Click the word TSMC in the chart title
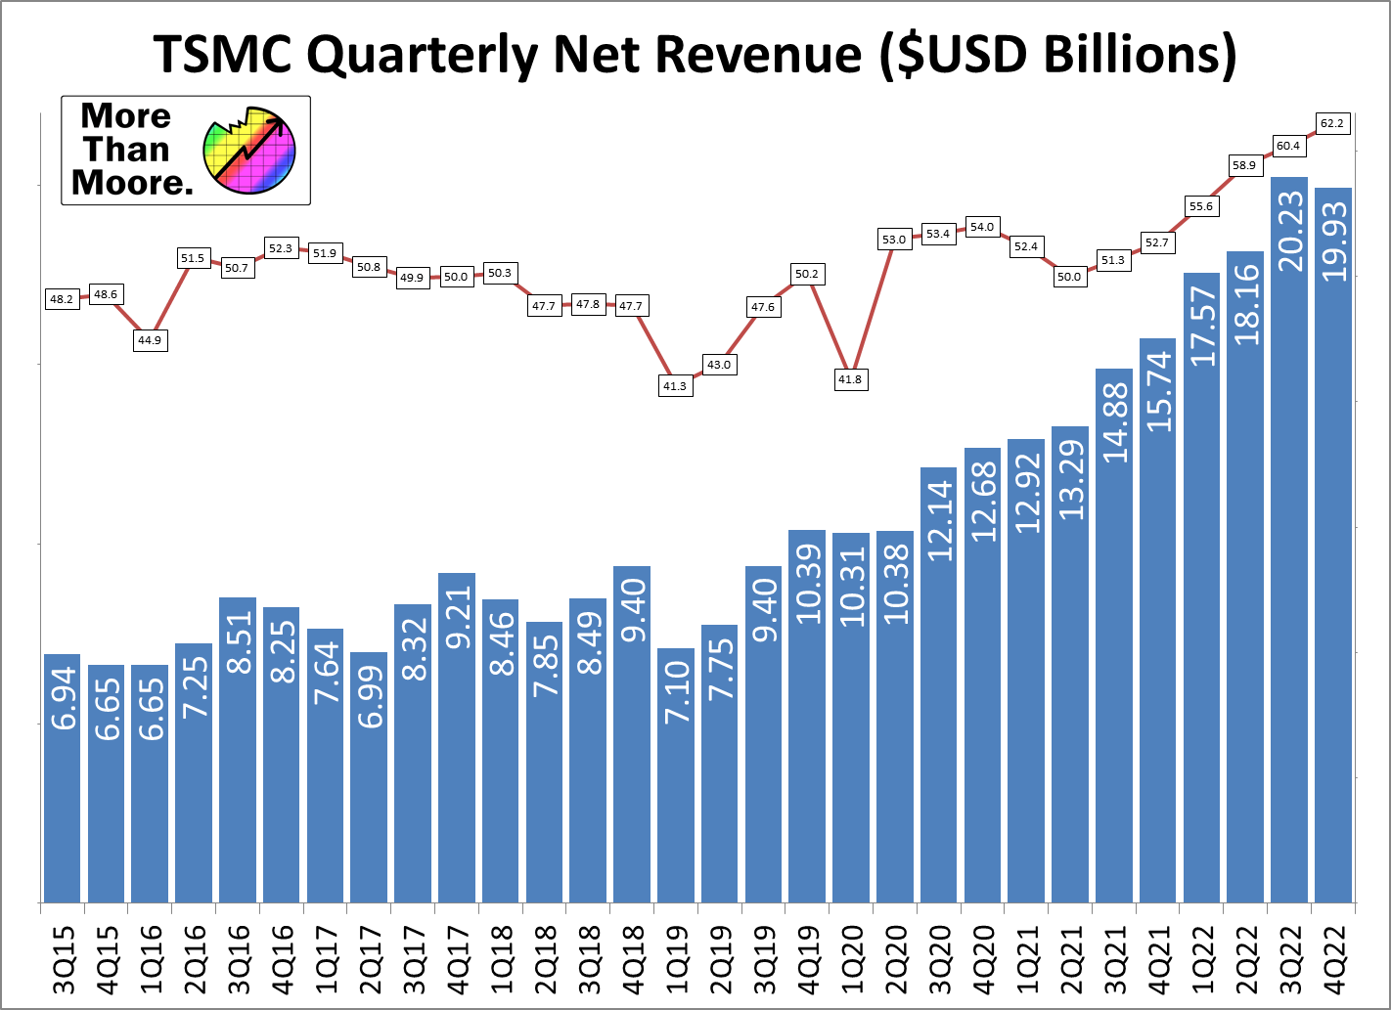tap(222, 55)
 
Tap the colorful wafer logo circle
tap(249, 150)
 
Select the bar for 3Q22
tap(1288, 539)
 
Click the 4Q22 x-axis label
tap(1333, 959)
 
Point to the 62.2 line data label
tap(1332, 123)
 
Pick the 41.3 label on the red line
tap(675, 386)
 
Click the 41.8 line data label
tap(850, 379)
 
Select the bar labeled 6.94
tap(63, 777)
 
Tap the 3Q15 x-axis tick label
tap(63, 959)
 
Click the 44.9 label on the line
tap(150, 340)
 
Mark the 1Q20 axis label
tap(851, 959)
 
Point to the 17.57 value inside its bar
tap(1201, 327)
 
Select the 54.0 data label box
tap(982, 227)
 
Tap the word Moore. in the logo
tap(132, 183)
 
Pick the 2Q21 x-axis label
tap(1070, 959)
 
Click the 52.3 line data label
tap(281, 248)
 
